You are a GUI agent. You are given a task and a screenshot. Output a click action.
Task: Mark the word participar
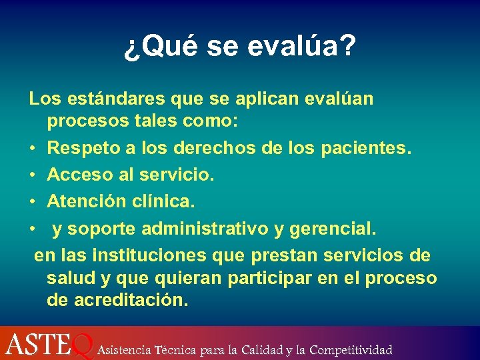click(271, 277)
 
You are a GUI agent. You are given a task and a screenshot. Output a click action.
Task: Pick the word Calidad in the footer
click(261, 349)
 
